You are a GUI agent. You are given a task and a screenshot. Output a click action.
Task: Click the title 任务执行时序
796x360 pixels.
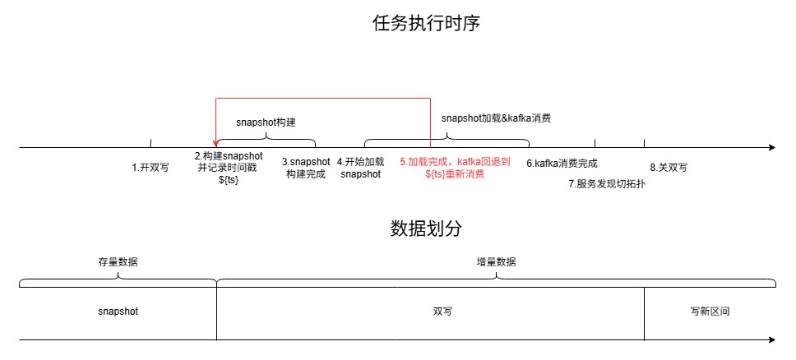pyautogui.click(x=427, y=23)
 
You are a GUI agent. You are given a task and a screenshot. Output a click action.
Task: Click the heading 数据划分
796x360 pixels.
pyautogui.click(x=427, y=228)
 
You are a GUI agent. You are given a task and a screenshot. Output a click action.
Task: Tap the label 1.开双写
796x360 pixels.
pyautogui.click(x=150, y=168)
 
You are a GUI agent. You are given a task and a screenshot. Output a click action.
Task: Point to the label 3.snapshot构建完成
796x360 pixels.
pyautogui.click(x=306, y=168)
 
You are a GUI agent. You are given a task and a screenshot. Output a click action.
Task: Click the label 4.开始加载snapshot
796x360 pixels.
pyautogui.click(x=360, y=168)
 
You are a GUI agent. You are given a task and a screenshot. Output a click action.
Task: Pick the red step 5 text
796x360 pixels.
pyautogui.click(x=455, y=168)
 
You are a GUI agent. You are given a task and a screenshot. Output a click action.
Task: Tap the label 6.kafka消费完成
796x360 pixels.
pyautogui.click(x=562, y=164)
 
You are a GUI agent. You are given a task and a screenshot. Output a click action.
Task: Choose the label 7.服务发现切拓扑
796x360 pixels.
pyautogui.click(x=607, y=184)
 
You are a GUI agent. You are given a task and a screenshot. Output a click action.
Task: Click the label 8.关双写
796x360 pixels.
pyautogui.click(x=669, y=168)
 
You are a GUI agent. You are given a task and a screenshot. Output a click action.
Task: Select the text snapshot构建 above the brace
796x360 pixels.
pyautogui.click(x=266, y=122)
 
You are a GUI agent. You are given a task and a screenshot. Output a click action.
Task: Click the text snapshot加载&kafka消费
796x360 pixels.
pyautogui.click(x=497, y=118)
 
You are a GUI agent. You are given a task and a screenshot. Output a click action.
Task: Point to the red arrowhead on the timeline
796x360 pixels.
pyautogui.click(x=216, y=144)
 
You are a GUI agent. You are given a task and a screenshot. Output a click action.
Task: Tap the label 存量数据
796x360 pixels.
pyautogui.click(x=118, y=262)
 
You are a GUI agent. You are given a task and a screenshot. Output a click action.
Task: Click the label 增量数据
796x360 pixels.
pyautogui.click(x=497, y=262)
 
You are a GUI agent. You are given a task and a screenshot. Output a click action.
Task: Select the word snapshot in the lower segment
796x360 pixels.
pyautogui.click(x=118, y=312)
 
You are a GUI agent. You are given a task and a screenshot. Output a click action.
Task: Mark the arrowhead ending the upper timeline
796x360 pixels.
pyautogui.click(x=773, y=148)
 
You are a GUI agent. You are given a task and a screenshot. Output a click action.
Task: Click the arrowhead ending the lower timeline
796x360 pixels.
pyautogui.click(x=773, y=339)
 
